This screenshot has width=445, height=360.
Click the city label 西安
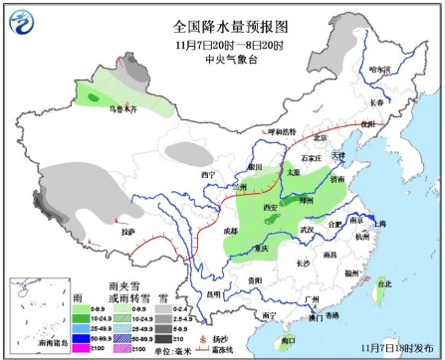270,207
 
